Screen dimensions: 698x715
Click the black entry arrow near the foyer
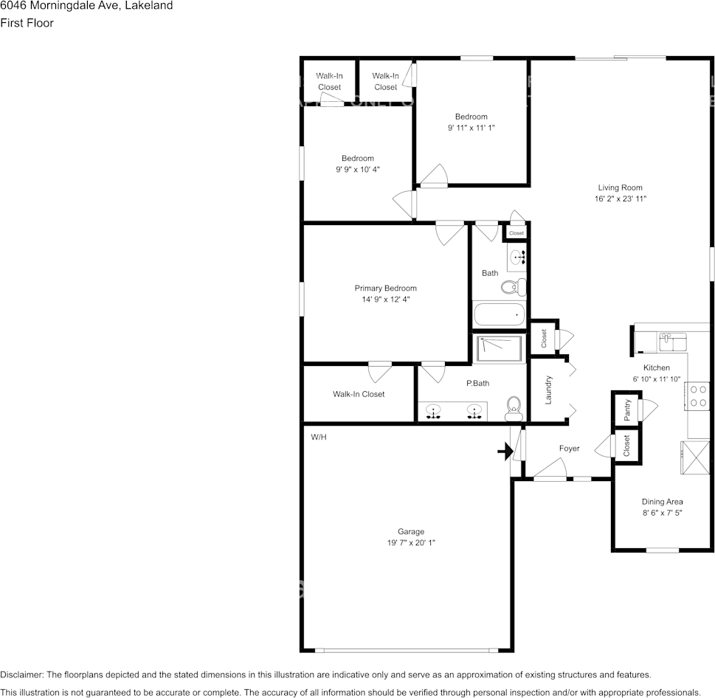click(505, 451)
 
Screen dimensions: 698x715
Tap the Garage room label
click(411, 531)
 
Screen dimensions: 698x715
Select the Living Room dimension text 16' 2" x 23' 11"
click(620, 198)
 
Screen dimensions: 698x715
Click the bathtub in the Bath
click(500, 315)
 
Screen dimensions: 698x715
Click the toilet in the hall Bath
click(512, 286)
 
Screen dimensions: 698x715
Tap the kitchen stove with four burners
click(697, 395)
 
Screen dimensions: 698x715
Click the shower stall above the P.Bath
click(500, 348)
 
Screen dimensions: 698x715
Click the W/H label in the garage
click(318, 437)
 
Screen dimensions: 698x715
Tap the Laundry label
click(548, 390)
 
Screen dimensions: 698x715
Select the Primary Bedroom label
click(385, 288)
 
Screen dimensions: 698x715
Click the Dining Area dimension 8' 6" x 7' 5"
click(662, 512)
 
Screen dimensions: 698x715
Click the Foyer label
click(569, 449)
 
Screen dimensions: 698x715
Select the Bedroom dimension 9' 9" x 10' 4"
click(357, 169)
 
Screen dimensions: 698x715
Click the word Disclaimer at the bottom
click(21, 674)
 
